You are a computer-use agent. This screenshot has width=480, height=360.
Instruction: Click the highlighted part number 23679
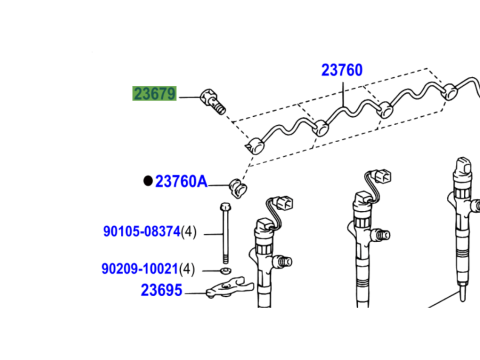(x=154, y=94)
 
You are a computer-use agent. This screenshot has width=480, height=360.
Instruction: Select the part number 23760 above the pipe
(x=341, y=71)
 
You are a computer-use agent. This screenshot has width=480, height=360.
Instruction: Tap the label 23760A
(x=181, y=181)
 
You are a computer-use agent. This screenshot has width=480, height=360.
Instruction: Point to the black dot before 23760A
(x=147, y=181)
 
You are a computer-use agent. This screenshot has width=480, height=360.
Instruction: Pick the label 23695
(x=161, y=291)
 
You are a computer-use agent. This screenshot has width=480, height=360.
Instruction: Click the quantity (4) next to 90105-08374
(x=190, y=231)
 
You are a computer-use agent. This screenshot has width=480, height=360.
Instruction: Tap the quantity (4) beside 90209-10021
(x=190, y=269)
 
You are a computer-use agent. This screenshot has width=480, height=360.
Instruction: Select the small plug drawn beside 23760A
(x=237, y=185)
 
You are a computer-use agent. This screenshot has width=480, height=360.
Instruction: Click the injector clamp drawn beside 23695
(x=223, y=291)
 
